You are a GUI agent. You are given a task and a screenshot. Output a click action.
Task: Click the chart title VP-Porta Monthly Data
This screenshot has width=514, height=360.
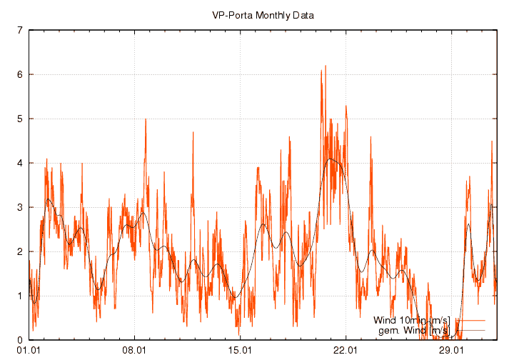click(263, 14)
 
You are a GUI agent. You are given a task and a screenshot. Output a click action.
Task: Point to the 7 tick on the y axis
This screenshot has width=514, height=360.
click(20, 30)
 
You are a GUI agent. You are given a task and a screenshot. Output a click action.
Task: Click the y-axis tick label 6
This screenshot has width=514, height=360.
click(20, 74)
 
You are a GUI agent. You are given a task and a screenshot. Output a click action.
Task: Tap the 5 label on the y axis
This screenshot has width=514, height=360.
click(20, 119)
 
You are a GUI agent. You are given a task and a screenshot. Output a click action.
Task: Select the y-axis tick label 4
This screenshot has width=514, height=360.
click(20, 163)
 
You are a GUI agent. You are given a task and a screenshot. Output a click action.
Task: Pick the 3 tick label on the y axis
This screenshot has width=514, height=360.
click(20, 207)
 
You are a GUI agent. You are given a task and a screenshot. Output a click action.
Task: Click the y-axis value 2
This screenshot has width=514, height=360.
click(20, 251)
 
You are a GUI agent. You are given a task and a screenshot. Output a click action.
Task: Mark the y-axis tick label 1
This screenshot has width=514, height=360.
click(20, 296)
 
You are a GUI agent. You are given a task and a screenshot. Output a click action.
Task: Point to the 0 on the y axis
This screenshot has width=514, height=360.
click(20, 340)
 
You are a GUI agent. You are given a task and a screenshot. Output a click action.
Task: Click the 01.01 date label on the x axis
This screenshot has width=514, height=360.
click(29, 350)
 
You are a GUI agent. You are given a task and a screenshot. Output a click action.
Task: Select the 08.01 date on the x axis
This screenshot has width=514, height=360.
click(134, 350)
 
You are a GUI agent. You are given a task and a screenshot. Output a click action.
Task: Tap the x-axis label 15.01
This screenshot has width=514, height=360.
click(240, 350)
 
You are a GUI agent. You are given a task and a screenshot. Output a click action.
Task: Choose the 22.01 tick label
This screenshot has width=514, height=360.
click(346, 350)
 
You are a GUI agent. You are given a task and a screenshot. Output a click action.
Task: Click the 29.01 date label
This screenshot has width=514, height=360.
click(451, 350)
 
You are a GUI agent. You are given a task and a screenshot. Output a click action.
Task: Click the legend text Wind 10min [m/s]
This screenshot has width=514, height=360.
click(412, 321)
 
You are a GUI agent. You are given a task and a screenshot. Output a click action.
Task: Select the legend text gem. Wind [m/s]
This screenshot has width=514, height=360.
click(413, 331)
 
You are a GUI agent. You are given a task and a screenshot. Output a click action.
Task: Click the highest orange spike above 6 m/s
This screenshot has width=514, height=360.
click(326, 66)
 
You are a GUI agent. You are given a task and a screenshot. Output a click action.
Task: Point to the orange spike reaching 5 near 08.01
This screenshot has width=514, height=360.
click(146, 120)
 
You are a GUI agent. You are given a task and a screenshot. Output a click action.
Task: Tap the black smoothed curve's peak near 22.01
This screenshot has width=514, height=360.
click(331, 159)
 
